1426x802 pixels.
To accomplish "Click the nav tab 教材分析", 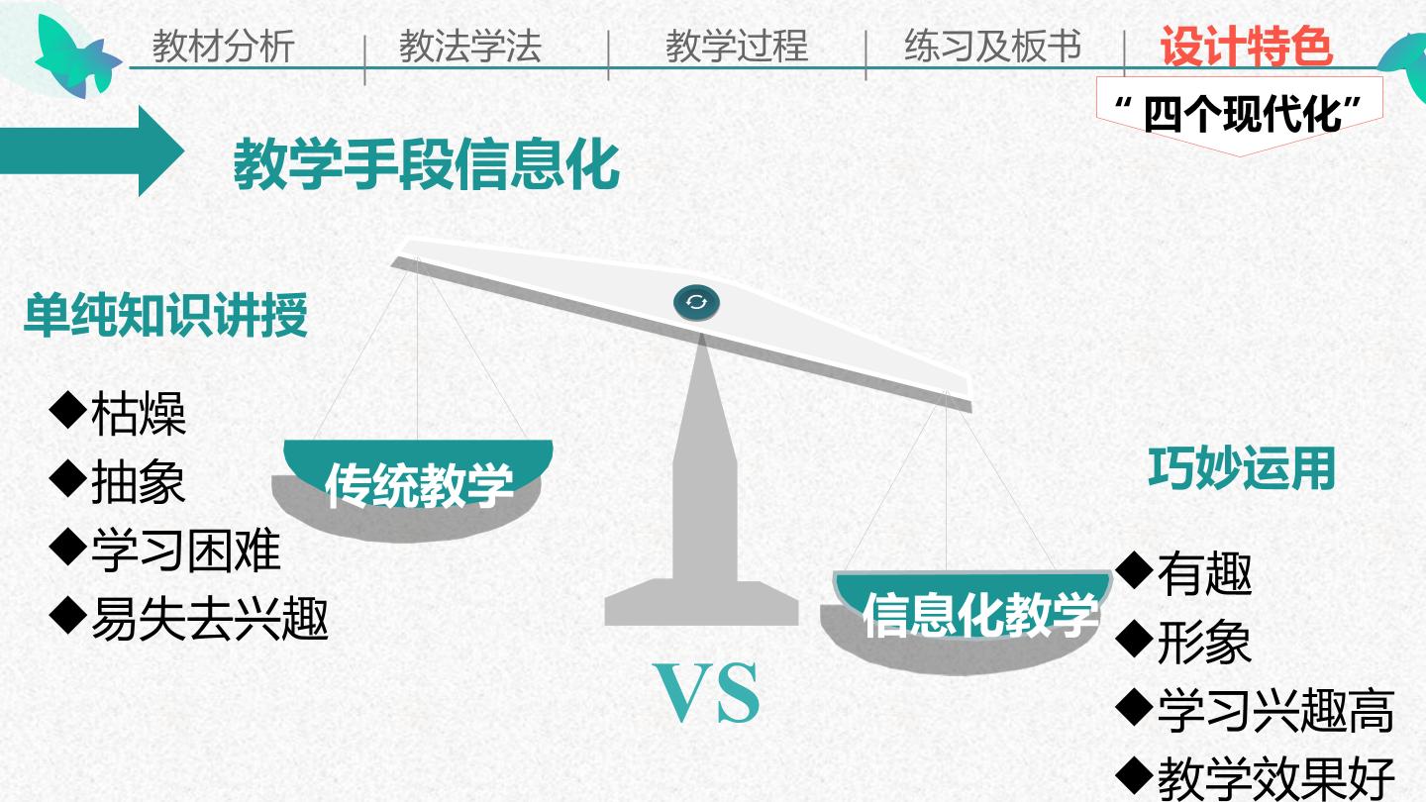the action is tap(223, 46).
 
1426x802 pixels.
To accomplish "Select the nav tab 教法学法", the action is tap(469, 46).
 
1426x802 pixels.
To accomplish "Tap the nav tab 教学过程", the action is tap(737, 46).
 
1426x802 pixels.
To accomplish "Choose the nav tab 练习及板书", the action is tap(993, 46).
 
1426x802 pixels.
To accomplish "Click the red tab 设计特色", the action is tap(1247, 46).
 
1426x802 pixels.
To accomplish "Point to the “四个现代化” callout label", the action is tap(1238, 115).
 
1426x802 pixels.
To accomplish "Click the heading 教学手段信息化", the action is tap(427, 164).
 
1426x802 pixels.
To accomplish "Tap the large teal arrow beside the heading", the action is tap(92, 150).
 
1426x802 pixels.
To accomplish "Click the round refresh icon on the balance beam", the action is tap(696, 302).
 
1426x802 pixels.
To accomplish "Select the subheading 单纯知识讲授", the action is tap(165, 315).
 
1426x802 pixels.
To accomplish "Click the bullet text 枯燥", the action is tap(139, 414).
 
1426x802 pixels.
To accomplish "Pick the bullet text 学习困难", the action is tap(186, 550).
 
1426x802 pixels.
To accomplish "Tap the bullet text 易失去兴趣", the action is tap(210, 618).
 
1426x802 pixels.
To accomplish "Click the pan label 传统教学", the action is tap(419, 485).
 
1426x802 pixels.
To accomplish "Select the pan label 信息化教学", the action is tap(979, 615).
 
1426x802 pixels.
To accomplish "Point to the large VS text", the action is tap(707, 693).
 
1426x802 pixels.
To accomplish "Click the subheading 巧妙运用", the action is tap(1242, 468).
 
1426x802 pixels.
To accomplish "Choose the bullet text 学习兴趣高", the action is tap(1275, 711).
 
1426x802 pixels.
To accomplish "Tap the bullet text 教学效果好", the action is tap(1275, 779).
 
